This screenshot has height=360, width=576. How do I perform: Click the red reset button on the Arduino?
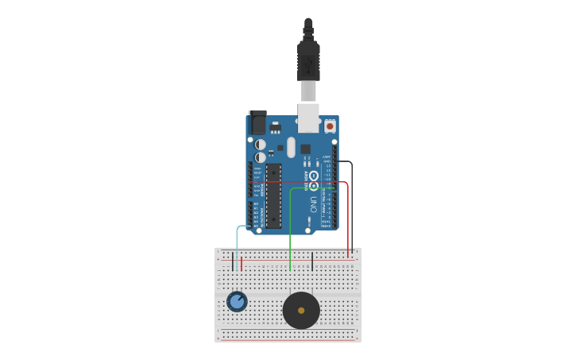coord(330,126)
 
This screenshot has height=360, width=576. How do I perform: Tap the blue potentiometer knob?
coord(237,302)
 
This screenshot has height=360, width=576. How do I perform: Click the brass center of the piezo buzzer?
coord(301,311)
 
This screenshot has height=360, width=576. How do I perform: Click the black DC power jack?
coord(257,123)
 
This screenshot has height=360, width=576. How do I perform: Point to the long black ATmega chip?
coord(273,195)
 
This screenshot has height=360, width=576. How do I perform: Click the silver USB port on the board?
coord(308,117)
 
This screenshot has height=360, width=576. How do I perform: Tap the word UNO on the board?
coord(313,204)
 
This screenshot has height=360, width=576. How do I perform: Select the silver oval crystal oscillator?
coord(291,147)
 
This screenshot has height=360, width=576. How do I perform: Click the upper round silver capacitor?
coord(261,145)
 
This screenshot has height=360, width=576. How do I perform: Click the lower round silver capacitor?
coord(261,157)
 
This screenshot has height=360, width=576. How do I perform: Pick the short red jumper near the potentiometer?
coord(242,263)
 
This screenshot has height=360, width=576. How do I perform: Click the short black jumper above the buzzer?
coord(312,261)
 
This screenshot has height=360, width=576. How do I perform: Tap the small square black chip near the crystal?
coord(305,149)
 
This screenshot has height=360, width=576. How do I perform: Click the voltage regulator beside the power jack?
coord(275,126)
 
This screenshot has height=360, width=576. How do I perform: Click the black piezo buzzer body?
coord(291,319)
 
